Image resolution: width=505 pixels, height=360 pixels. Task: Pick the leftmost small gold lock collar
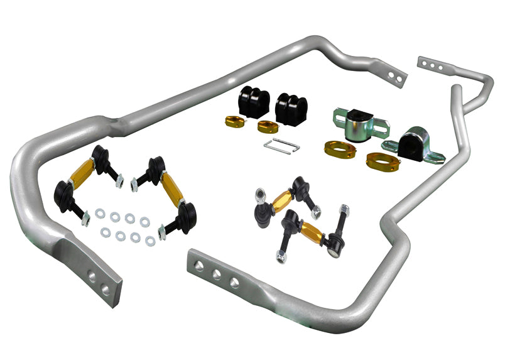point(233,121)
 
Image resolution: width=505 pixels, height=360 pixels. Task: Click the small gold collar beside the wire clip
point(268,126)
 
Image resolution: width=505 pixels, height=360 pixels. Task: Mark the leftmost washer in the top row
point(100,214)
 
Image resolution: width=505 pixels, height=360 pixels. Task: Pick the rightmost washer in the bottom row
point(149,241)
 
